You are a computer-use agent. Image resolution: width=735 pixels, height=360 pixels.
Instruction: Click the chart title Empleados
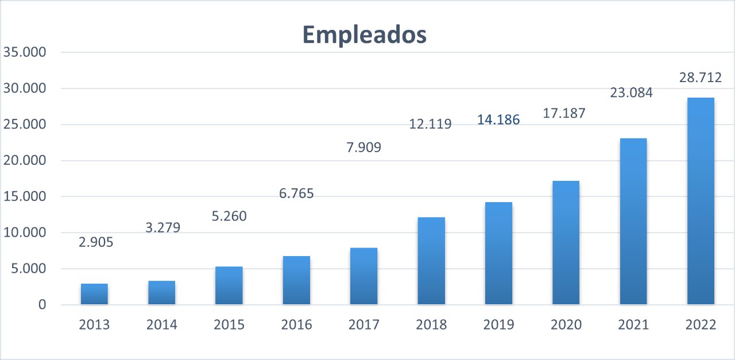pyautogui.click(x=365, y=35)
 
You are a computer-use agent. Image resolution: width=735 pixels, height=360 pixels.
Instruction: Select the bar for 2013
pyautogui.click(x=94, y=294)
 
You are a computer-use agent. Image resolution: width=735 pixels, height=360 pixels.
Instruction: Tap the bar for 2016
pyautogui.click(x=296, y=280)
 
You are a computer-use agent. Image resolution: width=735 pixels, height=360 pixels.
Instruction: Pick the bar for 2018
pyautogui.click(x=431, y=261)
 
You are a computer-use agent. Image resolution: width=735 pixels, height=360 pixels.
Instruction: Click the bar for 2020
pyautogui.click(x=566, y=243)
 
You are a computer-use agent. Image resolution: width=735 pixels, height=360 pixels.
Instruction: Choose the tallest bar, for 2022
pyautogui.click(x=701, y=201)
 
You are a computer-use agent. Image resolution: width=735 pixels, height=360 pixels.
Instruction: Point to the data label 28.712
pyautogui.click(x=701, y=78)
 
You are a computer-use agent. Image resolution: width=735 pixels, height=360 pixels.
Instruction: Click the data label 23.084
pyautogui.click(x=632, y=92)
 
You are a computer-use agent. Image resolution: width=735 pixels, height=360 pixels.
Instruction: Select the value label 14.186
pyautogui.click(x=498, y=120)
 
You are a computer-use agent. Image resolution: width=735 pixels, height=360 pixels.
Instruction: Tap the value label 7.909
pyautogui.click(x=364, y=148)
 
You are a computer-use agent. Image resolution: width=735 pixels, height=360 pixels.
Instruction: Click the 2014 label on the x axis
pyautogui.click(x=162, y=325)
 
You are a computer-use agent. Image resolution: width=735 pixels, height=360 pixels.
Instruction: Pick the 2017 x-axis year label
pyautogui.click(x=364, y=325)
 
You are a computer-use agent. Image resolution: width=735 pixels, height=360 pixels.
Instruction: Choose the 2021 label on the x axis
pyautogui.click(x=633, y=325)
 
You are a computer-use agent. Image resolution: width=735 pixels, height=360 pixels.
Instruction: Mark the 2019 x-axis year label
pyautogui.click(x=498, y=325)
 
